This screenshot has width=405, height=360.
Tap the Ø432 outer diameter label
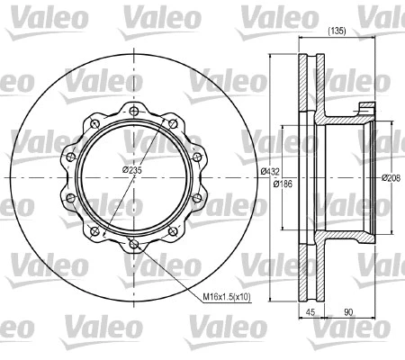266,172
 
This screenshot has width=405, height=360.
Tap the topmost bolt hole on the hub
132,111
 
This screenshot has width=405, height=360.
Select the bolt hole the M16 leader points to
132,243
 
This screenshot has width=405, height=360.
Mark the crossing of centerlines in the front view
132,177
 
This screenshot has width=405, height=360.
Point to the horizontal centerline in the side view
342,176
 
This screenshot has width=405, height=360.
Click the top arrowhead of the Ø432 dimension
271,58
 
